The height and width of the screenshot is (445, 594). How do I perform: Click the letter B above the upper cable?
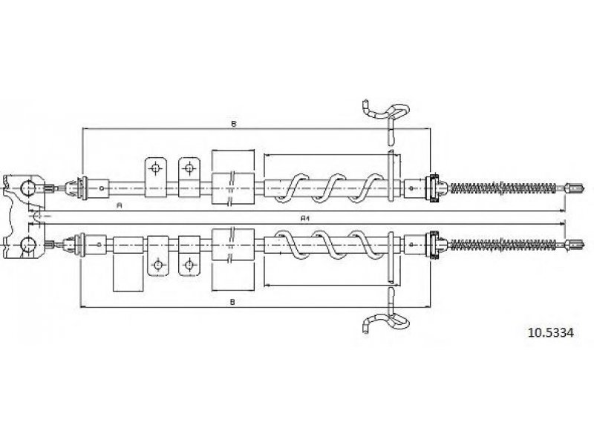click(x=233, y=124)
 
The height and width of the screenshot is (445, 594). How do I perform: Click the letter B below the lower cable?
click(x=233, y=301)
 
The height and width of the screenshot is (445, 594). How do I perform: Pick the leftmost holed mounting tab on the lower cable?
click(x=157, y=263)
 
